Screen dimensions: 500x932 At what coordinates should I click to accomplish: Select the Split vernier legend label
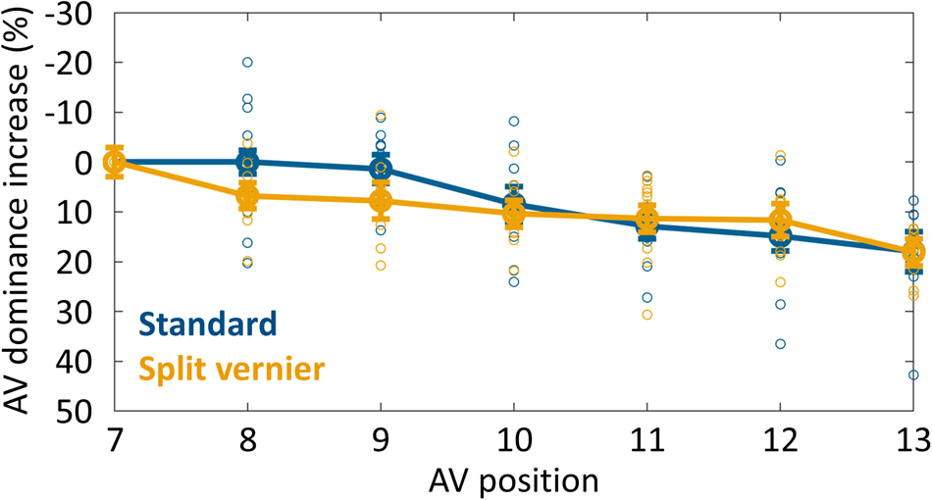pyautogui.click(x=232, y=369)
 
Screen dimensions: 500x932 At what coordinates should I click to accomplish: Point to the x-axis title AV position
pyautogui.click(x=513, y=480)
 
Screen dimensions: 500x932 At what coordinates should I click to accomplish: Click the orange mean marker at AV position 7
pyautogui.click(x=115, y=162)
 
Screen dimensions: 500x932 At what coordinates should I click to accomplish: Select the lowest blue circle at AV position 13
pyautogui.click(x=913, y=375)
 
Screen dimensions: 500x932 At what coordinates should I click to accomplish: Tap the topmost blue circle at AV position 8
pyautogui.click(x=247, y=62)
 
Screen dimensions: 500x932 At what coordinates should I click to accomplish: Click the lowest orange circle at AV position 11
pyautogui.click(x=647, y=315)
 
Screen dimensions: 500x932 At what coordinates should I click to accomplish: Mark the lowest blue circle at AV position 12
pyautogui.click(x=780, y=344)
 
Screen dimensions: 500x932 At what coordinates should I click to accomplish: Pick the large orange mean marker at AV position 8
pyautogui.click(x=247, y=195)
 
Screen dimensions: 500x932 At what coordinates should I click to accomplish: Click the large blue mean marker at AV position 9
pyautogui.click(x=381, y=169)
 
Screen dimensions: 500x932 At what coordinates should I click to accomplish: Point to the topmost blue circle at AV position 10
pyautogui.click(x=513, y=122)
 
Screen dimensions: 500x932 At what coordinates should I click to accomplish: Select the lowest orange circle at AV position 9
pyautogui.click(x=381, y=266)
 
